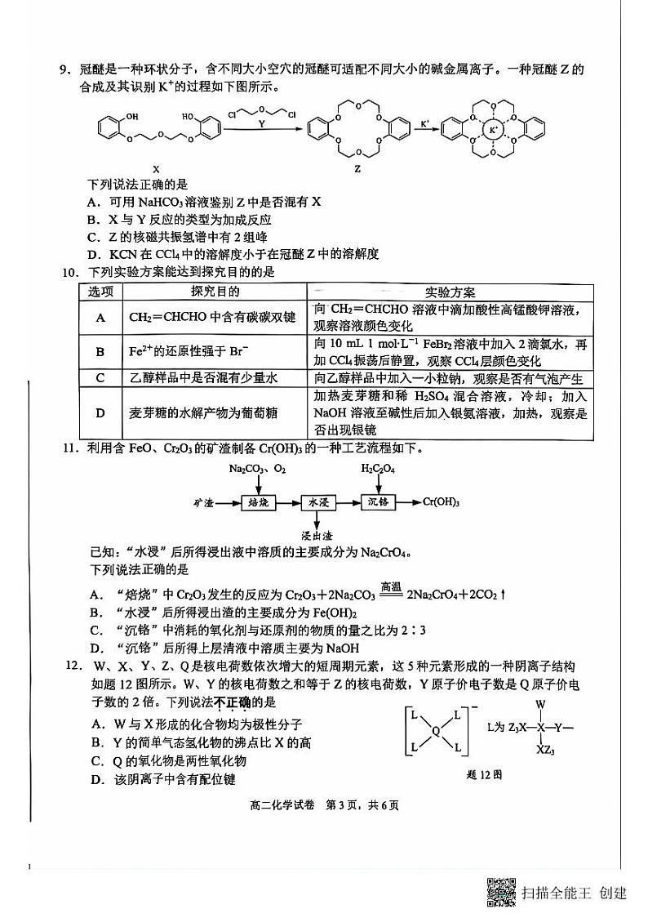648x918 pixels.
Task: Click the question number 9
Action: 63,71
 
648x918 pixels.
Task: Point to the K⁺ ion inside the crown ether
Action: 492,129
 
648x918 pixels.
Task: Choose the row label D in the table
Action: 100,413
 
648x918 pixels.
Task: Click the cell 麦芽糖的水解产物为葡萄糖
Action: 203,413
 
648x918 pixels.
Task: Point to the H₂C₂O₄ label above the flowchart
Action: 379,470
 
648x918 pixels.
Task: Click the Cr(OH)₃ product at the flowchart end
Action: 442,502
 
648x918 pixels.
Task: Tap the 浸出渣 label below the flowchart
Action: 316,535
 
